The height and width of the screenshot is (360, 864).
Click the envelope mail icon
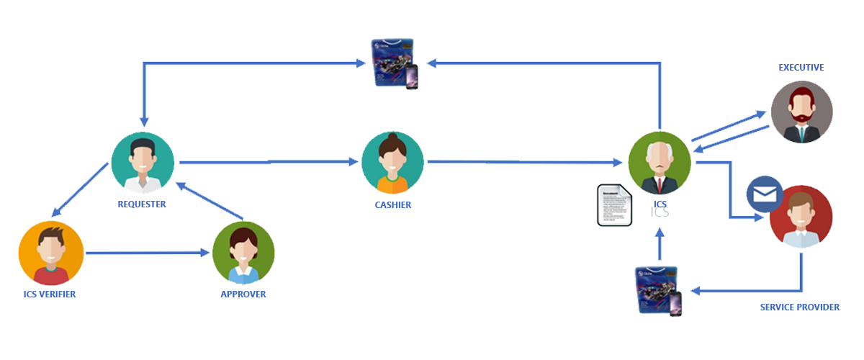pos(764,195)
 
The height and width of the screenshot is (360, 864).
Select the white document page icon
pos(614,205)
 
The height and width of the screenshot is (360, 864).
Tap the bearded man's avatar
pos(801,112)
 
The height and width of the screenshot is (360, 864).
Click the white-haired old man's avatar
pos(659,163)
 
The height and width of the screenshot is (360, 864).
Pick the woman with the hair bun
pos(392,163)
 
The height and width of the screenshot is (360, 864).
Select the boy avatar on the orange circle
pos(50,253)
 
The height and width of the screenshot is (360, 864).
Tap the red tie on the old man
pos(660,185)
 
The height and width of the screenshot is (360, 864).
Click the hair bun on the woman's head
pos(392,137)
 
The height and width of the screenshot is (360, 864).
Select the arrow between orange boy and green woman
pos(148,253)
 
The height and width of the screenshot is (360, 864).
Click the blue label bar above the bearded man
pos(801,68)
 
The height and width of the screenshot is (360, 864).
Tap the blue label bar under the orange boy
pos(50,294)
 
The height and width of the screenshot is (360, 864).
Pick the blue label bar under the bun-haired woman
pos(393,204)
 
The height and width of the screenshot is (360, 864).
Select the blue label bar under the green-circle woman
pos(243,294)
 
